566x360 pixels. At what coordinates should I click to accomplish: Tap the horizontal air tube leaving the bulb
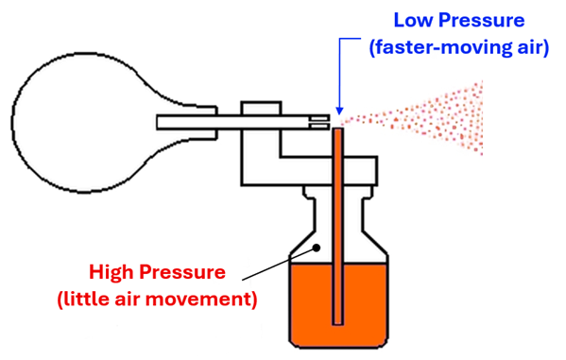click(x=236, y=121)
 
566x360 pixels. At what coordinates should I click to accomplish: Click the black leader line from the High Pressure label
click(x=279, y=264)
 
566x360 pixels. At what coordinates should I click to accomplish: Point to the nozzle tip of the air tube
click(x=325, y=121)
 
